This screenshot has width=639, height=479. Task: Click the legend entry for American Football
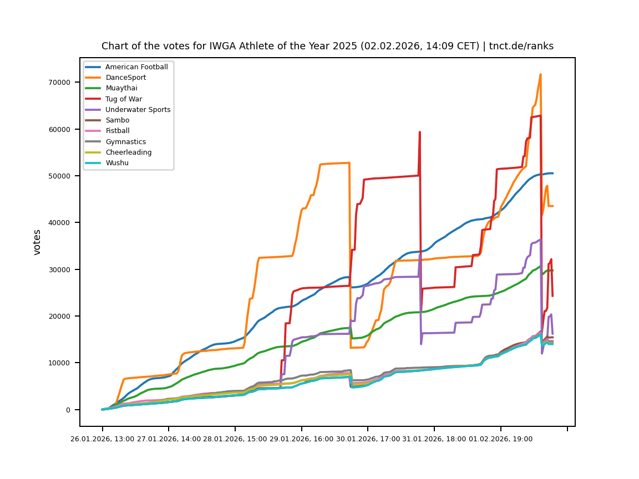click(136, 67)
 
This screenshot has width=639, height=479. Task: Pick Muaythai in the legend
click(121, 88)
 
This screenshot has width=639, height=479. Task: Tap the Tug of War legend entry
click(123, 99)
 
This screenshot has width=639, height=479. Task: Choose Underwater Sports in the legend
click(138, 110)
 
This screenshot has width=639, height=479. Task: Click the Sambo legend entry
click(117, 120)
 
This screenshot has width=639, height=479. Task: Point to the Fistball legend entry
click(117, 131)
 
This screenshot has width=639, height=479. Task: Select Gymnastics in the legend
click(125, 142)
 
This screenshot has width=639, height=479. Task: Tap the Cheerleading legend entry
click(128, 152)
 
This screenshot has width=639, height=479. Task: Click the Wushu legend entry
click(116, 163)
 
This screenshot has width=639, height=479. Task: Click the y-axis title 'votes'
click(37, 242)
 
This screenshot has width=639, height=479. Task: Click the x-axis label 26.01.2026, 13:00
click(103, 439)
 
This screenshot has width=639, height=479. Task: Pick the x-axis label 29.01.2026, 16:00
click(302, 439)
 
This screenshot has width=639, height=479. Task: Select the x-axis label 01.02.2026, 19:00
click(501, 439)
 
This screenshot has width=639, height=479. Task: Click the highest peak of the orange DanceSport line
click(540, 74)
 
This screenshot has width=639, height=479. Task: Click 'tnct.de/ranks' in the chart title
click(521, 46)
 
